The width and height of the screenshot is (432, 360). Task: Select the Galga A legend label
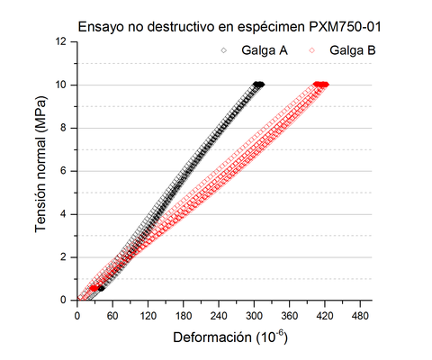click(265, 51)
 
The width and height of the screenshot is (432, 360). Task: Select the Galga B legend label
click(354, 51)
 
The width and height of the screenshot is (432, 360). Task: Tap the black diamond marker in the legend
click(224, 51)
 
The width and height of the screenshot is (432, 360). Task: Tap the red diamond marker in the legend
click(314, 51)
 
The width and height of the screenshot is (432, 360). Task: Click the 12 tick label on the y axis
click(60, 41)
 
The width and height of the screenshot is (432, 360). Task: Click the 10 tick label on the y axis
click(60, 85)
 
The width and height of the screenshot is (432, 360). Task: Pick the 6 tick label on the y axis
click(63, 171)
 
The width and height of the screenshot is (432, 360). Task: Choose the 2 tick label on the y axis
click(63, 257)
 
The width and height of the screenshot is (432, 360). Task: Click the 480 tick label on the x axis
click(361, 316)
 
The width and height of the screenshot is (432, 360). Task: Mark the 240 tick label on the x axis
click(219, 316)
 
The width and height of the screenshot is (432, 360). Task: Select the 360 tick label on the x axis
click(290, 316)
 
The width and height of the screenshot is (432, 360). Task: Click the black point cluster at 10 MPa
click(258, 84)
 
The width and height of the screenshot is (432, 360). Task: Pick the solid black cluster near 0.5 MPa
click(100, 288)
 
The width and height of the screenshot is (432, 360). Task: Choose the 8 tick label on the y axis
click(63, 128)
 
